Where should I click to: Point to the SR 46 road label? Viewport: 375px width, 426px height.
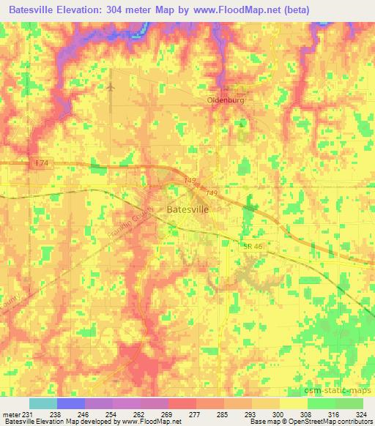pyautogui.click(x=253, y=249)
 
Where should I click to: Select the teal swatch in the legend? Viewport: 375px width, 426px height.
pyautogui.click(x=43, y=403)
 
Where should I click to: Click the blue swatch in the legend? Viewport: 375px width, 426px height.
pyautogui.click(x=71, y=403)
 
